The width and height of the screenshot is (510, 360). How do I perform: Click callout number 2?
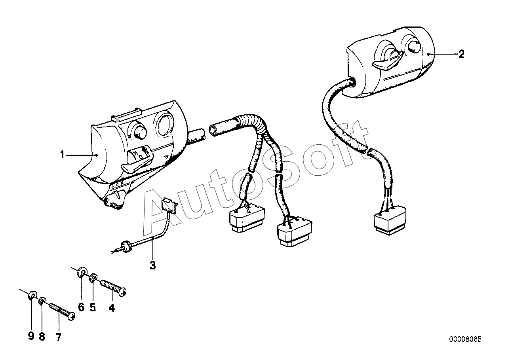click(461, 54)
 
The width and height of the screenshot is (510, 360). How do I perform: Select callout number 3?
click(153, 266)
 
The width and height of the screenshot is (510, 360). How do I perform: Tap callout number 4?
click(112, 307)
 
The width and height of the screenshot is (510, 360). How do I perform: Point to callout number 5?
click(93, 307)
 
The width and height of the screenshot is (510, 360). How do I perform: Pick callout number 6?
click(81, 307)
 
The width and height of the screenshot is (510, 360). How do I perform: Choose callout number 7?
click(59, 337)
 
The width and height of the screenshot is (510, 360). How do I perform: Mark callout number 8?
click(42, 337)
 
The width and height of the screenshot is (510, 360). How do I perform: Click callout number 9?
click(31, 337)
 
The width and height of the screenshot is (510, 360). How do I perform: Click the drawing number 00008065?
click(465, 339)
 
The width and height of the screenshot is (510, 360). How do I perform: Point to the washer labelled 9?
click(32, 296)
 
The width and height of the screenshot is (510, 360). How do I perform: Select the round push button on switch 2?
click(414, 47)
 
